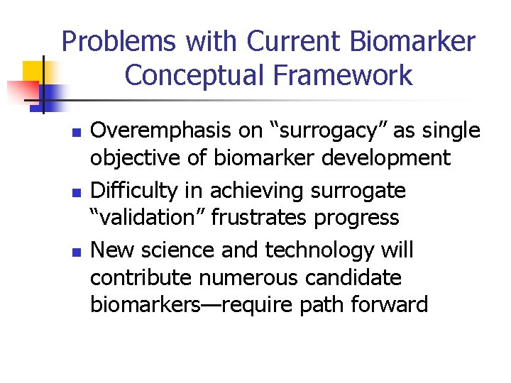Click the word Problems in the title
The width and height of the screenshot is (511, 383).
tap(118, 43)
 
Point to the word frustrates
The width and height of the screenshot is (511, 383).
tap(260, 217)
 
